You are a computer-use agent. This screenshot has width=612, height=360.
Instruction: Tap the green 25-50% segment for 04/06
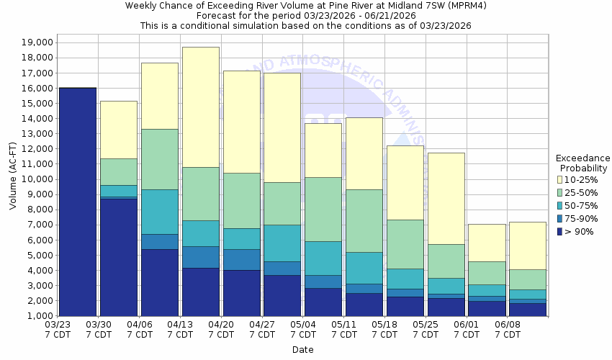160,159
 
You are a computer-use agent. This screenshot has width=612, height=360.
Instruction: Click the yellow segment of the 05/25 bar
446,198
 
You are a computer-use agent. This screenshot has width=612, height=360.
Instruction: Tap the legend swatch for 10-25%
561,179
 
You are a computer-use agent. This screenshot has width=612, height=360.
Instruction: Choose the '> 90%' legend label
580,231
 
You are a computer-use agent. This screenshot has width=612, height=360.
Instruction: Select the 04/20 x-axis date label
222,330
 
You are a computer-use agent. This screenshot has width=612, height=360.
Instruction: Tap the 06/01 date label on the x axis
468,330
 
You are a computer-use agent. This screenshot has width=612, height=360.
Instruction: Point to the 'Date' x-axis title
302,350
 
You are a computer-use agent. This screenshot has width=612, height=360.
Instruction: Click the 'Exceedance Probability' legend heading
582,163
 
